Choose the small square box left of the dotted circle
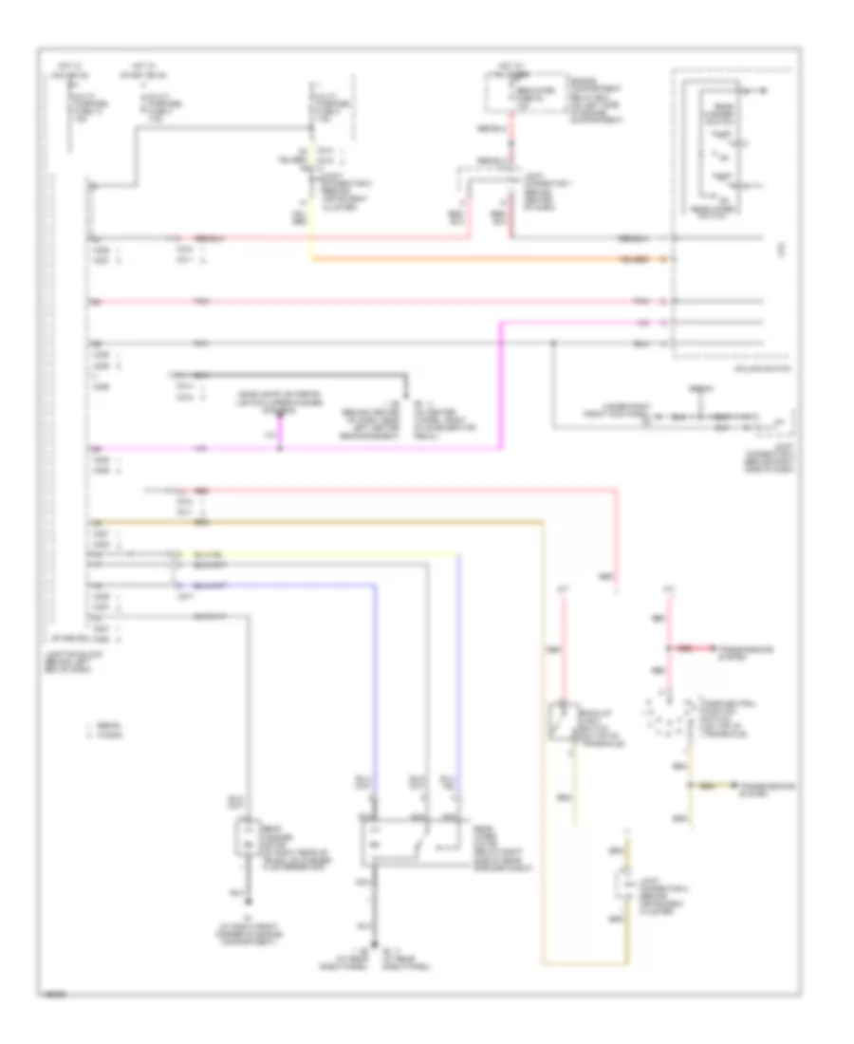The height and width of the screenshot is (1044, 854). coord(566,721)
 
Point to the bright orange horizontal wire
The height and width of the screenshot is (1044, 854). coord(493,258)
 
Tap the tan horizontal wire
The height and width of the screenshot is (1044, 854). coord(313,521)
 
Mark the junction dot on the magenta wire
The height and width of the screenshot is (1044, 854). coord(280,447)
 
